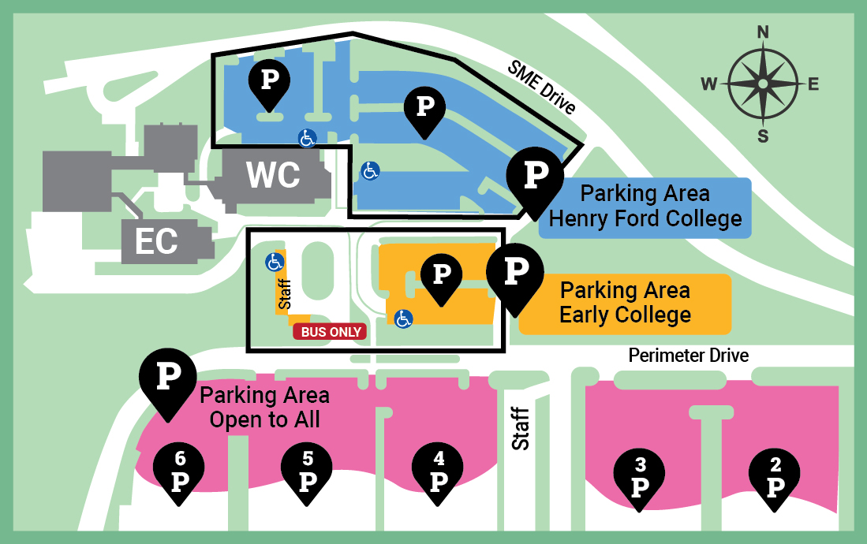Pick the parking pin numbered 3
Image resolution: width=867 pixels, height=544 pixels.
click(x=640, y=479)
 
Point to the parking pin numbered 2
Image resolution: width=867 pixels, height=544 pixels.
click(x=775, y=479)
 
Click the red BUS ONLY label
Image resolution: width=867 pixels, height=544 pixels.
click(x=331, y=332)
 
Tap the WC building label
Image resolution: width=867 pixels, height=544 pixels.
click(x=273, y=176)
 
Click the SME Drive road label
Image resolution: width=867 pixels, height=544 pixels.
click(x=541, y=88)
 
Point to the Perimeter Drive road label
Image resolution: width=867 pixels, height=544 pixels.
click(x=688, y=356)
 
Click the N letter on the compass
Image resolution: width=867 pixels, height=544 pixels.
click(x=763, y=32)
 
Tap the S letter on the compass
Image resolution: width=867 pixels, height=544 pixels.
click(x=763, y=136)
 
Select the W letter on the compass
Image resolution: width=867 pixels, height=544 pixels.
click(x=710, y=84)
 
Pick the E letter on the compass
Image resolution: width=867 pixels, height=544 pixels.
click(x=813, y=84)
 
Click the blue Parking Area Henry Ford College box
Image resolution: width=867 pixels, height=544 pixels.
click(x=645, y=207)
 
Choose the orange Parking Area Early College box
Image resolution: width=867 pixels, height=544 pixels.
click(x=625, y=303)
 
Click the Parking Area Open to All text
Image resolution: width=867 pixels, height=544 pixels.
click(x=264, y=407)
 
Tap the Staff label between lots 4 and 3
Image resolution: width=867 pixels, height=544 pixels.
click(x=520, y=427)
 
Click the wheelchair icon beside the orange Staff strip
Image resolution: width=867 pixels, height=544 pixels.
click(x=274, y=261)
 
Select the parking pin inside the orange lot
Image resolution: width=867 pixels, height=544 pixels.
click(x=442, y=276)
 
